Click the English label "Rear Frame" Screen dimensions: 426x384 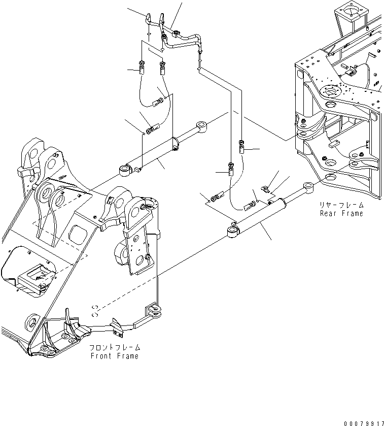point(341,213)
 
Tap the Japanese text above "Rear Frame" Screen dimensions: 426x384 point(341,205)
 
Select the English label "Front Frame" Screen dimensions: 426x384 point(114,356)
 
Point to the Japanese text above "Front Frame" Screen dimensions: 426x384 point(114,348)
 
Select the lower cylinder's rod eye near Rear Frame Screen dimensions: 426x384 point(307,186)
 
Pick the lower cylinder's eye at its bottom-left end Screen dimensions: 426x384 point(232,233)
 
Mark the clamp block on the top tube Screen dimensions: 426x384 point(176,35)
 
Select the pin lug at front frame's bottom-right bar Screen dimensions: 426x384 point(152,310)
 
